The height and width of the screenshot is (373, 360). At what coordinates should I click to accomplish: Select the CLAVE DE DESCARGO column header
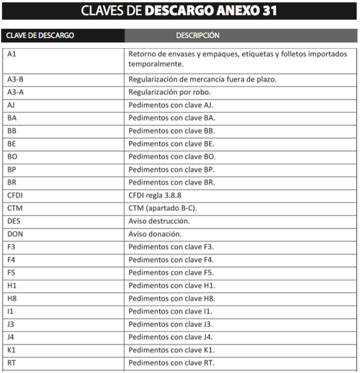(40, 35)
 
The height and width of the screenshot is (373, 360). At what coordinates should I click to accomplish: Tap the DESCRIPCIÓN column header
(197, 35)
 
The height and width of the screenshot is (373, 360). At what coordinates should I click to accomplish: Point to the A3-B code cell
(16, 79)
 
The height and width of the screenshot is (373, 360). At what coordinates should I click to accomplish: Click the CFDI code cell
(15, 195)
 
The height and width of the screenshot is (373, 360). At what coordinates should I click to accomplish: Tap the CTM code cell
(15, 208)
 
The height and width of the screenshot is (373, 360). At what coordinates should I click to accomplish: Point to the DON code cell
(16, 234)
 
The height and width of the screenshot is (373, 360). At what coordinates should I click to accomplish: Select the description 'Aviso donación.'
(155, 234)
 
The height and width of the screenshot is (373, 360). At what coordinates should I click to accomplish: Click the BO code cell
(13, 156)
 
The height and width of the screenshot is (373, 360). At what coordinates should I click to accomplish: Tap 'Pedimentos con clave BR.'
(171, 182)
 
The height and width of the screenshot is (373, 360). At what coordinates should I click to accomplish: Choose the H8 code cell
(12, 299)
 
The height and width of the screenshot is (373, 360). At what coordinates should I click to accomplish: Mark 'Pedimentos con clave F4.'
(171, 260)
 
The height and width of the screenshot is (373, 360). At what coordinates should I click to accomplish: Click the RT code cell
(12, 363)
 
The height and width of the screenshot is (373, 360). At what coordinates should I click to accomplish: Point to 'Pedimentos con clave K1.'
(171, 350)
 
